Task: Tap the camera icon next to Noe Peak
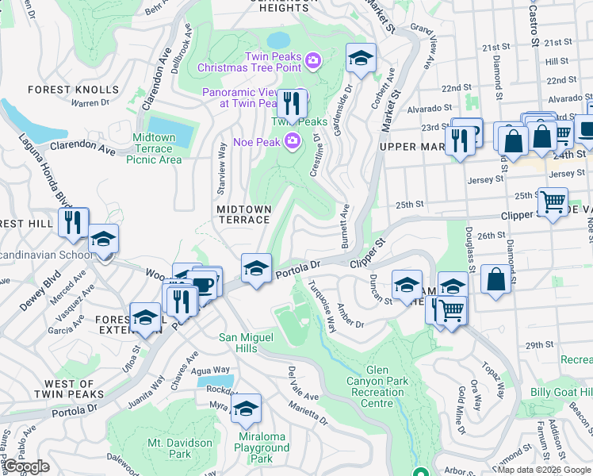(x=293, y=142)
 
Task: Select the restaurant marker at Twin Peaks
(x=292, y=104)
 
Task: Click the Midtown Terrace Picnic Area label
(x=154, y=148)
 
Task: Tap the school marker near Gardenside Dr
(x=362, y=58)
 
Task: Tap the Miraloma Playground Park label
(x=262, y=448)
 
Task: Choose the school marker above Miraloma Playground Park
(x=247, y=408)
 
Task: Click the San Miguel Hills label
(x=249, y=343)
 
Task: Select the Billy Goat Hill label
(x=561, y=393)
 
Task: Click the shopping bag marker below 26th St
(x=495, y=278)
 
